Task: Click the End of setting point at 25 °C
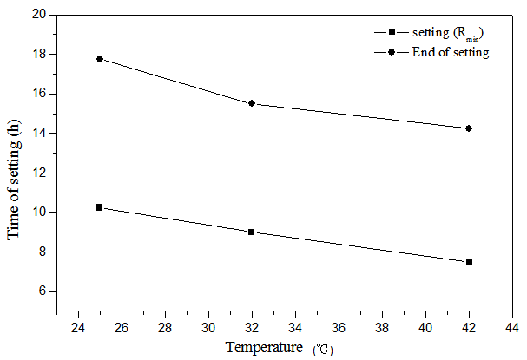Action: point(100,59)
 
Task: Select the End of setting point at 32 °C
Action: point(252,103)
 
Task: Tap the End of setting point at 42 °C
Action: point(469,128)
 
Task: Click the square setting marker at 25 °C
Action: point(100,207)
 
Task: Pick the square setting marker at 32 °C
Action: point(252,232)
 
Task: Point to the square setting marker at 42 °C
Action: point(469,261)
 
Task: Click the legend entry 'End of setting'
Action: point(451,52)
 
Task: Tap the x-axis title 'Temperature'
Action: point(264,349)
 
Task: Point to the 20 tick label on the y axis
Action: point(39,15)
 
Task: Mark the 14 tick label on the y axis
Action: point(39,134)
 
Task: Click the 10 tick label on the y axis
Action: point(39,213)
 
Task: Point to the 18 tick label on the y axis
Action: point(39,55)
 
